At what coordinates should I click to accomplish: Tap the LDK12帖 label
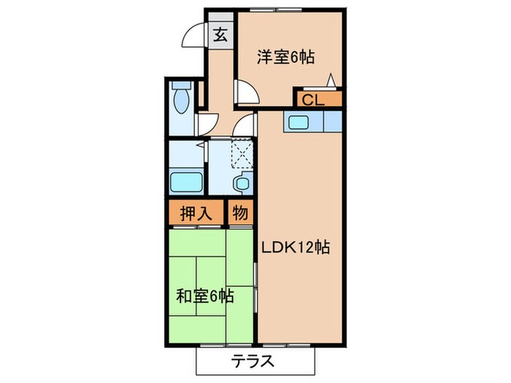coord(296,247)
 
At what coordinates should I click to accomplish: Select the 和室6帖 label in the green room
coord(205,296)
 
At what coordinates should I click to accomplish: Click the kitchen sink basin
coord(299,123)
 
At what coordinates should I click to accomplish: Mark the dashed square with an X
coord(242,153)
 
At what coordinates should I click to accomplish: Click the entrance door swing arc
coord(193,36)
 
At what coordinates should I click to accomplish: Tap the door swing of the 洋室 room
coord(245,93)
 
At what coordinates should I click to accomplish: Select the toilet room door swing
coord(207,124)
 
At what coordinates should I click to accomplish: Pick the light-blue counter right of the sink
coord(332,120)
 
